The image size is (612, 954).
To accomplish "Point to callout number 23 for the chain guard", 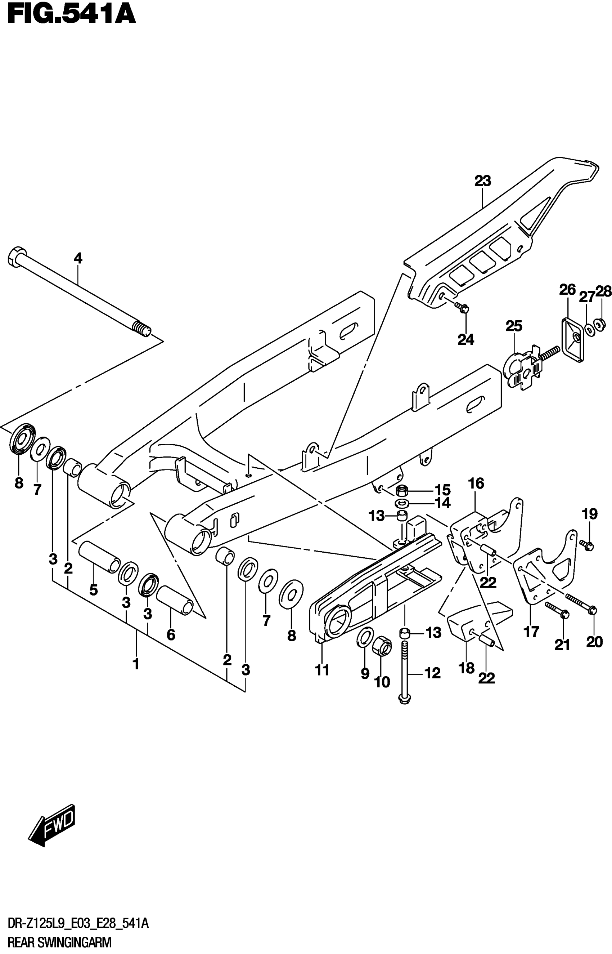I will click(x=482, y=181).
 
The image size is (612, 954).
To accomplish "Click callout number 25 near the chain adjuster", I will click(x=513, y=326).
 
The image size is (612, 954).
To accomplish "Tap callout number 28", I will click(x=603, y=291).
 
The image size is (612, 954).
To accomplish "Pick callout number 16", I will click(x=476, y=483).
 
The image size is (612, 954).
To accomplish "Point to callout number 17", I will click(x=531, y=631).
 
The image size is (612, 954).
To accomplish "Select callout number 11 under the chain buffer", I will click(x=322, y=670).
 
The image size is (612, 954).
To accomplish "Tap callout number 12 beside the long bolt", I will click(x=432, y=673).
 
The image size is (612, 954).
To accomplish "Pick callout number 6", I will click(x=171, y=635).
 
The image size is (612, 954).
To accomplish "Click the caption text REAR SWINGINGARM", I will click(x=60, y=943).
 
